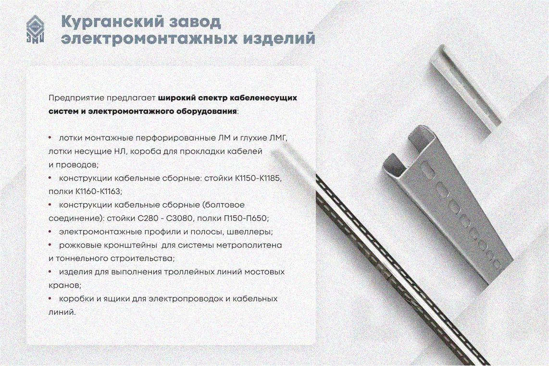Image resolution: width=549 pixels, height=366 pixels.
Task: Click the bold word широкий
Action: point(176,98)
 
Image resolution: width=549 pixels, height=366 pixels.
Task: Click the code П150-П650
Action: point(246,219)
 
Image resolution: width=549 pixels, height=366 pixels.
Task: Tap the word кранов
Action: point(65,285)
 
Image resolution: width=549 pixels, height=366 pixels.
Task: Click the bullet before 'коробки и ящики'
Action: point(50,298)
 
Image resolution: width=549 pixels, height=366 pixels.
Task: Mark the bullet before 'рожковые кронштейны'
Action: point(50,245)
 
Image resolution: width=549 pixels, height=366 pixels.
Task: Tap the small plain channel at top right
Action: point(463,90)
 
